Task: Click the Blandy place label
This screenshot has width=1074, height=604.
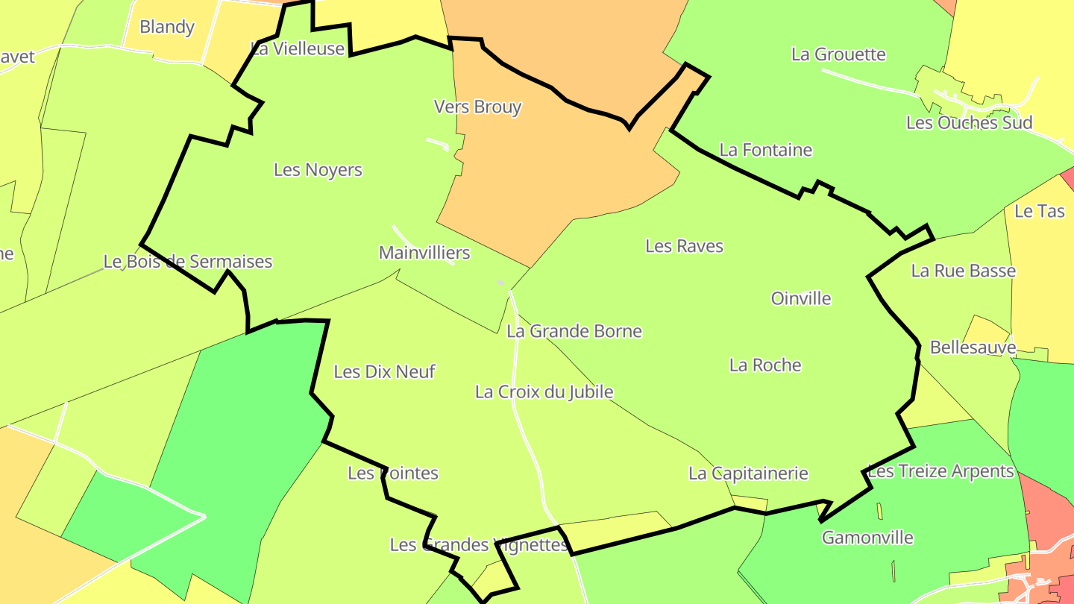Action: (167, 27)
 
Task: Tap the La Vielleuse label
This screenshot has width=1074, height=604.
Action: (298, 48)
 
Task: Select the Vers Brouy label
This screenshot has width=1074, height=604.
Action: (477, 107)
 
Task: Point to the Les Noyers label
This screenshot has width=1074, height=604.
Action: (318, 169)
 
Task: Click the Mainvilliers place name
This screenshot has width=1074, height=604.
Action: (424, 252)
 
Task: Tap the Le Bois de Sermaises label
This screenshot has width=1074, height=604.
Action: (188, 262)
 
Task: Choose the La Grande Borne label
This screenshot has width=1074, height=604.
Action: (574, 330)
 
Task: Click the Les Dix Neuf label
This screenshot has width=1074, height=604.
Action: (384, 371)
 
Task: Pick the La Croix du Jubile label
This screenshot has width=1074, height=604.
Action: (544, 391)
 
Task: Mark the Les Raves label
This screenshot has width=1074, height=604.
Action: (684, 245)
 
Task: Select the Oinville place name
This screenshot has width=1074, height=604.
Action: (801, 298)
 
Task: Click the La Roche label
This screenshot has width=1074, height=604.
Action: (765, 365)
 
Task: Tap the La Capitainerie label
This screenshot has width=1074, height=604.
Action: (748, 473)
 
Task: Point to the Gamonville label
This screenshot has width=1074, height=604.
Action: (867, 537)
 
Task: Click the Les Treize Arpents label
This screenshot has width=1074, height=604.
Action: (941, 471)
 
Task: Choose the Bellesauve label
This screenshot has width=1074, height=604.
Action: (973, 347)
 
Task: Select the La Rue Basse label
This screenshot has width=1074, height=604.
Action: (963, 270)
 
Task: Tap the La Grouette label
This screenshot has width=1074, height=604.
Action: (838, 54)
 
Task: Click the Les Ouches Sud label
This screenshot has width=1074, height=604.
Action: (969, 122)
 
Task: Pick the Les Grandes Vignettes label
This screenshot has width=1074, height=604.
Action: (479, 544)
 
